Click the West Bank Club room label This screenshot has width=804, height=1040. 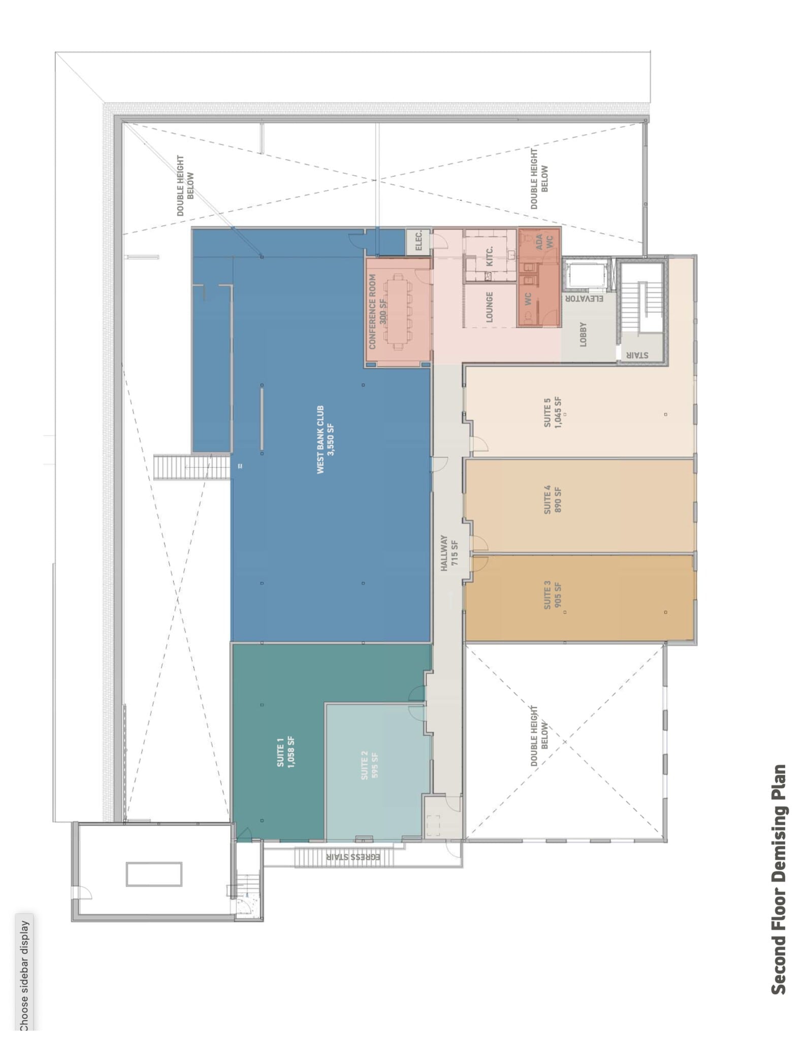pos(326,440)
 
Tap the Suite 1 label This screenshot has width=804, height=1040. pos(286,752)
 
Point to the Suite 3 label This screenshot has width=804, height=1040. pos(553,598)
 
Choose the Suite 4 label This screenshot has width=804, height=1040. pos(553,500)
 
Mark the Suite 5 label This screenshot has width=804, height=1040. pos(553,412)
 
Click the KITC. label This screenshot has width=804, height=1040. pos(490,256)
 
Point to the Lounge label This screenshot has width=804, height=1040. pos(490,306)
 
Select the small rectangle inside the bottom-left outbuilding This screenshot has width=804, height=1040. pos(154,874)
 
